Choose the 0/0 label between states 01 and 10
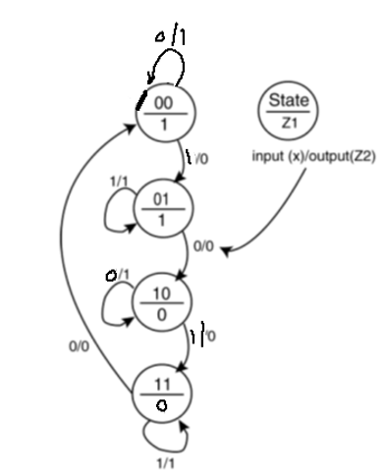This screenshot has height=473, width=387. pos(203,247)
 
